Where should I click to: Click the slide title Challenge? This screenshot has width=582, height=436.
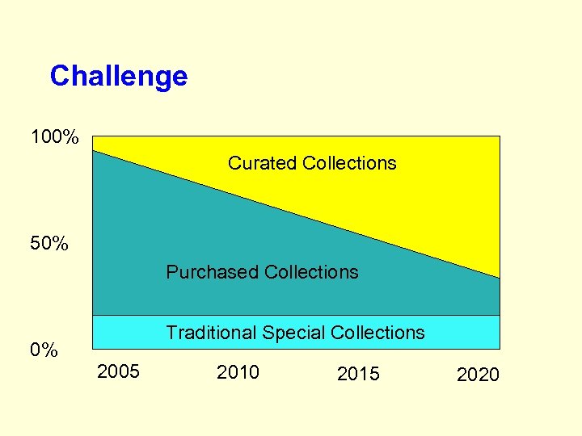tap(118, 77)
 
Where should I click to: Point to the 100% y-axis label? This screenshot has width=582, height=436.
tap(54, 137)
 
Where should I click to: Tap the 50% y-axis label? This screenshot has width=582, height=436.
tap(49, 243)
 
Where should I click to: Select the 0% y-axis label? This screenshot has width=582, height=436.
tap(44, 350)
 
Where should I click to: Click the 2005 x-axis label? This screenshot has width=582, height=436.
tap(118, 372)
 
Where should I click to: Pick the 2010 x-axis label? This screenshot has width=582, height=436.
tap(238, 372)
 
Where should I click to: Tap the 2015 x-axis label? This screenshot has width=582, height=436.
tap(358, 375)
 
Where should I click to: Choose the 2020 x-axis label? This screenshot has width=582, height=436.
tap(478, 375)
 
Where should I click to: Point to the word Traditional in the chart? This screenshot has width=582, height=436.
tap(205, 333)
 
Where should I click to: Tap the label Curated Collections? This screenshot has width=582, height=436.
tap(312, 163)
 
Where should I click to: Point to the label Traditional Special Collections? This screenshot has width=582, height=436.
tap(295, 333)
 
